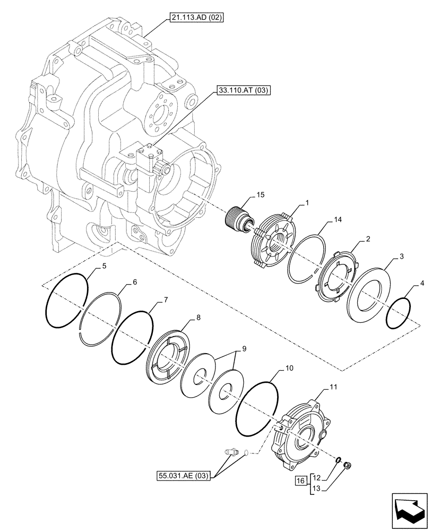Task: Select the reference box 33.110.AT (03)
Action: click(x=243, y=91)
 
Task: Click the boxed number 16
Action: click(x=300, y=481)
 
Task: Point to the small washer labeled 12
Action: click(x=338, y=459)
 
